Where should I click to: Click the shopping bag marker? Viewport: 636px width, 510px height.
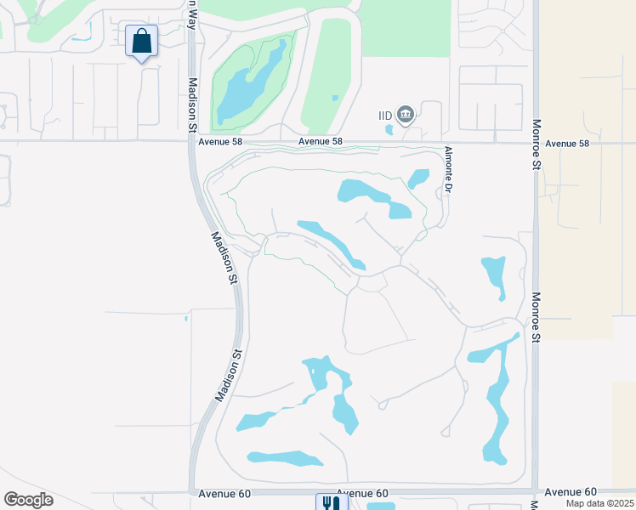[x=141, y=41]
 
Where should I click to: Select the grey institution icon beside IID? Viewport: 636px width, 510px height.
[x=406, y=114]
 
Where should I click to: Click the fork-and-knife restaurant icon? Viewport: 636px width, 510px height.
[x=331, y=502]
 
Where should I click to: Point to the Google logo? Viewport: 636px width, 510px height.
[x=28, y=500]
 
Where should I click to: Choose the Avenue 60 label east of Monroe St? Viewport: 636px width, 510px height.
[x=571, y=491]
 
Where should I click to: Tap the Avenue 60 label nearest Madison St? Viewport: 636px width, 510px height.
[x=224, y=493]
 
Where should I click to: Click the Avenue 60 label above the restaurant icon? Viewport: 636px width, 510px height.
[x=362, y=493]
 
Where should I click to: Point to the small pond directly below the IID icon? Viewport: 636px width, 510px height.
[x=389, y=130]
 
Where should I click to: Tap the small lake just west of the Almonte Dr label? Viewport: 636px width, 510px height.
[x=418, y=178]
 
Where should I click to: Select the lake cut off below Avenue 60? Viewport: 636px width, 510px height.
[x=381, y=507]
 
